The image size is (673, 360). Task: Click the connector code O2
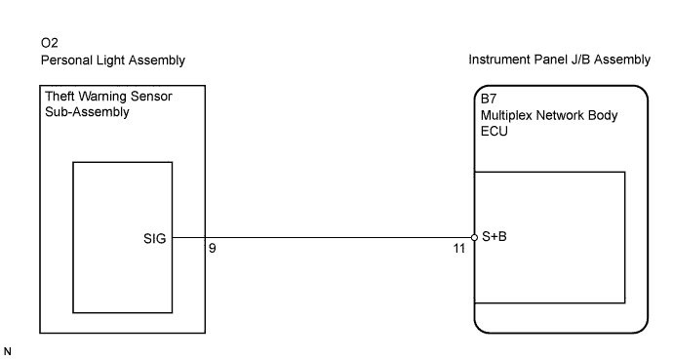click(50, 43)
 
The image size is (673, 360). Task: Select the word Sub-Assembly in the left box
click(87, 112)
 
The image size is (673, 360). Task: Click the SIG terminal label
click(154, 239)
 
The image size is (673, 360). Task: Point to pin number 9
click(212, 248)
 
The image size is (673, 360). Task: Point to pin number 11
click(459, 249)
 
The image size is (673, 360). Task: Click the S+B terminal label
click(495, 236)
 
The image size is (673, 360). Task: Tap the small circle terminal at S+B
click(474, 238)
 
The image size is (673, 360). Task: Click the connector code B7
click(489, 99)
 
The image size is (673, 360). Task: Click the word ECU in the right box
click(494, 132)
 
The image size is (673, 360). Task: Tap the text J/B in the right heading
click(580, 60)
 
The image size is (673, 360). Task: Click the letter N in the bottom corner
click(7, 351)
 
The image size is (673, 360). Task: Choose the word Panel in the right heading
click(550, 60)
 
